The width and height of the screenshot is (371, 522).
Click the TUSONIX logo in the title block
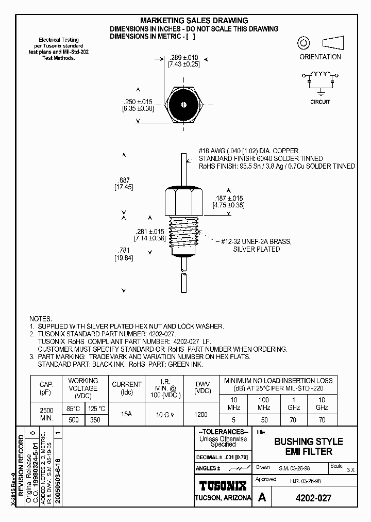pyautogui.click(x=223, y=485)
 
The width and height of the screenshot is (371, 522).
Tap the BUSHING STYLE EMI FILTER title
pyautogui.click(x=308, y=447)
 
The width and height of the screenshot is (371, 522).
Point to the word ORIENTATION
pyautogui.click(x=320, y=57)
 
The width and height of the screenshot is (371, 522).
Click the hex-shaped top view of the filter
pyautogui.click(x=184, y=103)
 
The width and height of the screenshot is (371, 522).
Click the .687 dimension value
pyautogui.click(x=124, y=180)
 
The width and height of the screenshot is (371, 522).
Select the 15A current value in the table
pyautogui.click(x=126, y=414)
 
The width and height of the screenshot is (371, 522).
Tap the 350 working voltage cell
pyautogui.click(x=96, y=420)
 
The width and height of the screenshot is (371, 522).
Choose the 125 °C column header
pyautogui.click(x=96, y=409)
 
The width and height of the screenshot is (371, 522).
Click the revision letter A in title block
pyautogui.click(x=262, y=498)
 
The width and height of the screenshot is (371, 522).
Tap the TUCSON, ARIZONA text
pyautogui.click(x=223, y=498)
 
